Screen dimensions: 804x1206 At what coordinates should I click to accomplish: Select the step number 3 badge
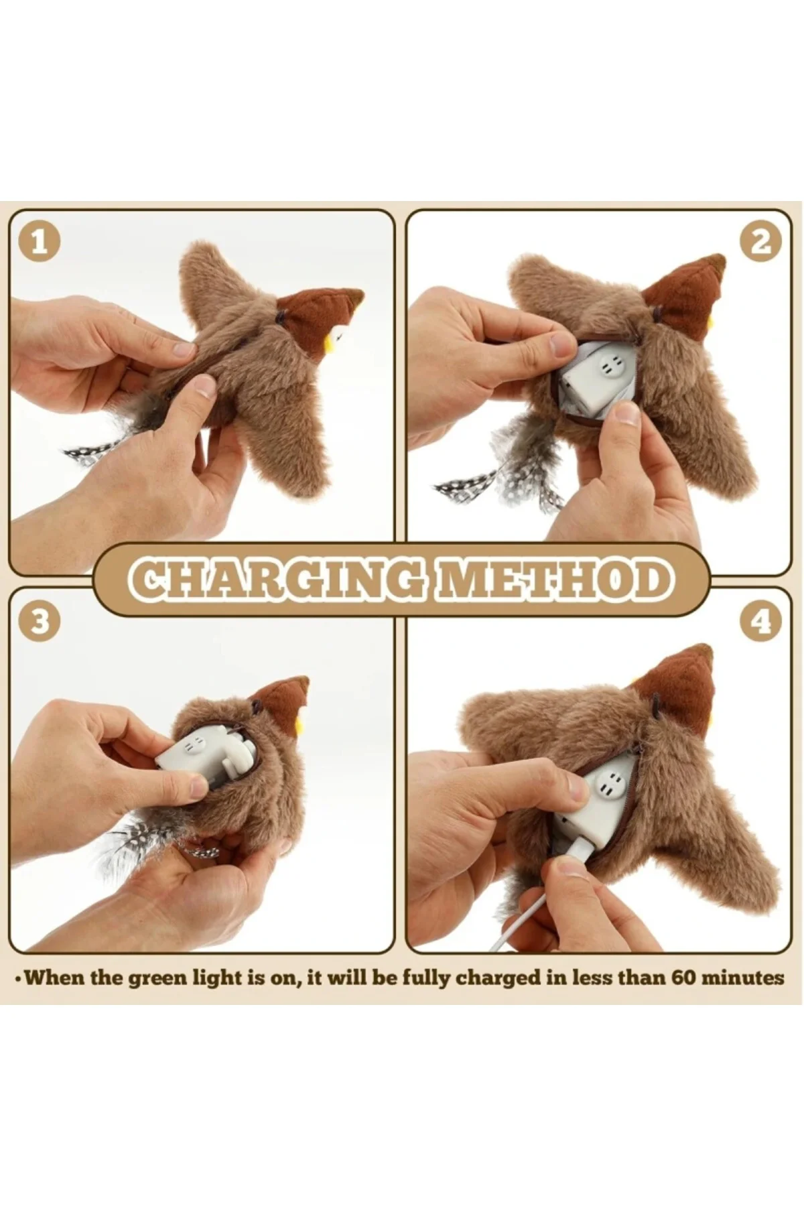40,620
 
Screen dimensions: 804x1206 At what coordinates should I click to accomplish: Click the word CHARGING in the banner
276,580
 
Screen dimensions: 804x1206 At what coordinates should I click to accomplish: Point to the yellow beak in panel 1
330,342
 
